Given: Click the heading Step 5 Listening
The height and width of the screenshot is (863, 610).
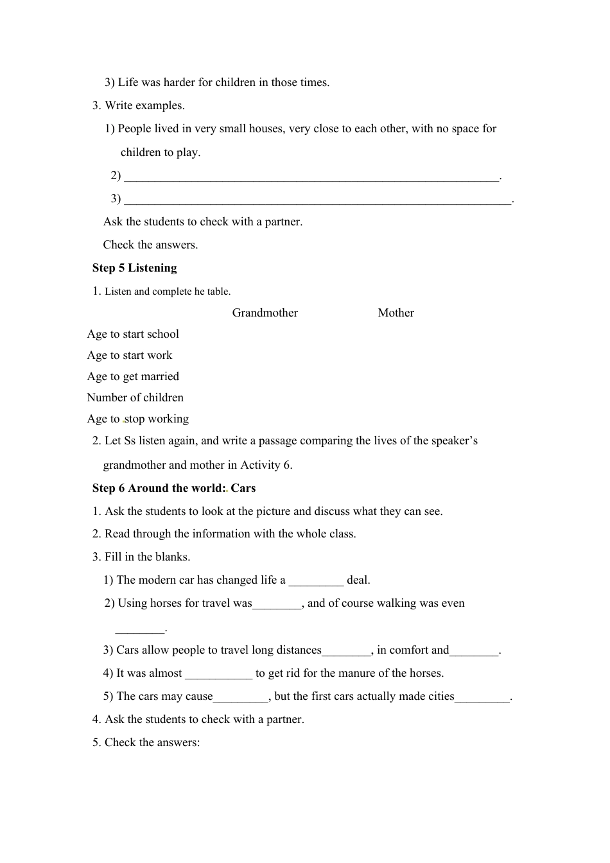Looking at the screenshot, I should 134,268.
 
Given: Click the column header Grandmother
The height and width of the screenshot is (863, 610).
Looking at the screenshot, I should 265,313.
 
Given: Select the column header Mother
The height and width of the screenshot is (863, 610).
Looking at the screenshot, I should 396,313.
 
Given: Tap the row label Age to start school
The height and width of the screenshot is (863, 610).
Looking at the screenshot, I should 133,334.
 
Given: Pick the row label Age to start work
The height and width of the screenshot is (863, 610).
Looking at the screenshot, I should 130,355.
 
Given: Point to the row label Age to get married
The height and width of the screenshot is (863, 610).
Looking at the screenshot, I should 133,376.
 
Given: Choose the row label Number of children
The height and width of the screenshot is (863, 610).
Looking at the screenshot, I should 135,397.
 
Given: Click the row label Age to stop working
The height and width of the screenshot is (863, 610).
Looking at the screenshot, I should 138,419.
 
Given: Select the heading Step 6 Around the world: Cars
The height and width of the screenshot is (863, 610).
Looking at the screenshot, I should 174,488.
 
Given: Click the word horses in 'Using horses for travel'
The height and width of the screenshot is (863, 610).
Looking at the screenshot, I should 166,603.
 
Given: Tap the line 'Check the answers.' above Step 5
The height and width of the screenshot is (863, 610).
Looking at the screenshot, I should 150,245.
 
